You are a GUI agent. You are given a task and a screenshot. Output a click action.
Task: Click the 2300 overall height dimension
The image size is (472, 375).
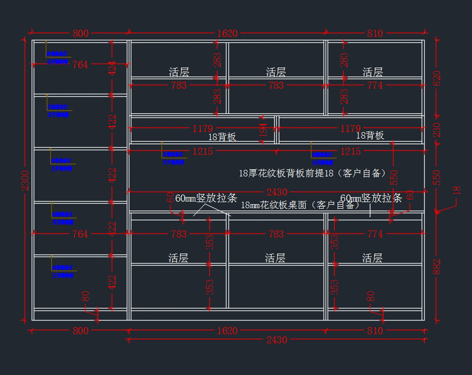click(x=25, y=180)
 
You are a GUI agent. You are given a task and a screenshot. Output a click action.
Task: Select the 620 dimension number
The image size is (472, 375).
click(x=437, y=78)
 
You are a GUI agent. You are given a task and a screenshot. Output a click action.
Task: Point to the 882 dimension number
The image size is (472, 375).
click(x=437, y=267)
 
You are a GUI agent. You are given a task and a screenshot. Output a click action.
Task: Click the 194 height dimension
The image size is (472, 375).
click(x=263, y=130)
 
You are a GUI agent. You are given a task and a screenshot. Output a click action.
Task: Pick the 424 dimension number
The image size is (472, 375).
click(x=112, y=68)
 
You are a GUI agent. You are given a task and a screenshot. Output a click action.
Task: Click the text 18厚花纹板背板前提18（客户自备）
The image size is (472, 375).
click(x=313, y=173)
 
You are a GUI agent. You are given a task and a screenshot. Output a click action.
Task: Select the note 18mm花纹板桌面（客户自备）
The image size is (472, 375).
click(x=301, y=205)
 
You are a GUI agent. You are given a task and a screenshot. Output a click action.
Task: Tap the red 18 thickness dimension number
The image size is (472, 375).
click(x=457, y=190)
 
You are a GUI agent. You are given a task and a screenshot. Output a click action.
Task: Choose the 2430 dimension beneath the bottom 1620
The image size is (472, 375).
click(x=277, y=340)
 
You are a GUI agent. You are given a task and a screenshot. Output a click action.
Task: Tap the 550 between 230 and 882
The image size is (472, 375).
click(x=437, y=177)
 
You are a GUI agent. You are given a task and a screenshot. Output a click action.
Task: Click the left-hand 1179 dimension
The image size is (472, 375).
click(x=203, y=129)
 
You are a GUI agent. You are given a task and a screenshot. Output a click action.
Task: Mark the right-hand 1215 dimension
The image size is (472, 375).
click(x=350, y=151)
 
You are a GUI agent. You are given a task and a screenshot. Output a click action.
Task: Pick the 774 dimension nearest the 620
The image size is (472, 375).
click(x=375, y=85)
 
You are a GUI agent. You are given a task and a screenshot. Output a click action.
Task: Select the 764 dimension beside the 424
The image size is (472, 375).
click(x=80, y=65)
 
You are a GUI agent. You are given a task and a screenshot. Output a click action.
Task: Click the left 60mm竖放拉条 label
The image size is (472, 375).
click(x=206, y=198)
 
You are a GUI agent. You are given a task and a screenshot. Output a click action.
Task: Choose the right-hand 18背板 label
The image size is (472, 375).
click(x=370, y=136)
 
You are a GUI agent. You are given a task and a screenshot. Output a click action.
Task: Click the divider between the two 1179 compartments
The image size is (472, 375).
click(x=277, y=129)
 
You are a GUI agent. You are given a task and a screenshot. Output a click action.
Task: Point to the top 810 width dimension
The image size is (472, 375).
click(x=375, y=33)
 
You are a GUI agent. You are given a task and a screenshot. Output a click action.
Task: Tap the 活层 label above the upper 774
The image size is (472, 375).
click(x=372, y=72)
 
